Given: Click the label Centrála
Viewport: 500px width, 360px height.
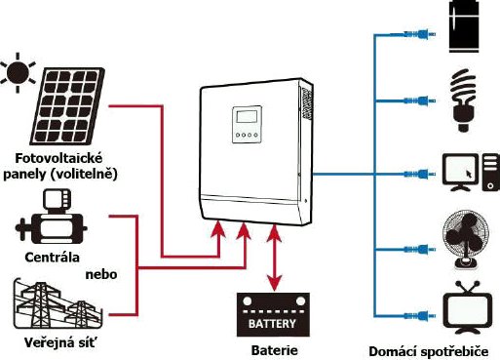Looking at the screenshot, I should (x=51, y=259).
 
